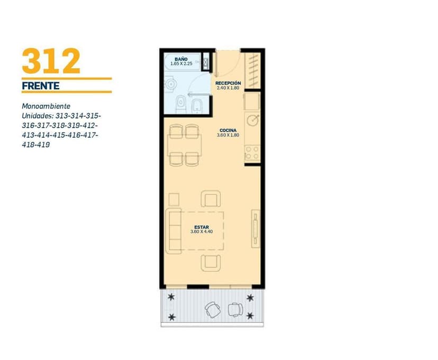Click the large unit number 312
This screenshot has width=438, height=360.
[x=51, y=61]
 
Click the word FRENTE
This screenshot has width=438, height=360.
[x=41, y=86]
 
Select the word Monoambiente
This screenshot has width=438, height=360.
[x=46, y=106]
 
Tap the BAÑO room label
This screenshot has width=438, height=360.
[x=181, y=59]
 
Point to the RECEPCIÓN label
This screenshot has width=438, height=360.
[x=228, y=83]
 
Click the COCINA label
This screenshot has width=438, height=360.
[x=228, y=130]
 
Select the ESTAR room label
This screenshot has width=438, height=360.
[x=202, y=227]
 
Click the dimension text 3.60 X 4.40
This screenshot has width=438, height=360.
[x=202, y=232]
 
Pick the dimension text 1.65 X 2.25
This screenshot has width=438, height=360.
[x=181, y=64]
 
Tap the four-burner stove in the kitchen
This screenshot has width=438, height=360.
[x=252, y=153]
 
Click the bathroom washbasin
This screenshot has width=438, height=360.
[x=170, y=84]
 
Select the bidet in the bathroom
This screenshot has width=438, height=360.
[x=197, y=106]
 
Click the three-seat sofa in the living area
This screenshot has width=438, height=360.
[x=173, y=231]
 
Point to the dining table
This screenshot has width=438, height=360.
[x=185, y=145]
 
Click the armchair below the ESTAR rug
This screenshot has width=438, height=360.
[x=211, y=263]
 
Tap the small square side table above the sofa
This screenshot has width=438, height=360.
[x=174, y=199]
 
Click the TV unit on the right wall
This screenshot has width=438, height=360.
[x=255, y=228]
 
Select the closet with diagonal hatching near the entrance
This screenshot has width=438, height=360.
[x=253, y=70]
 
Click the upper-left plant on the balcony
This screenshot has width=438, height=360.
[x=171, y=297]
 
